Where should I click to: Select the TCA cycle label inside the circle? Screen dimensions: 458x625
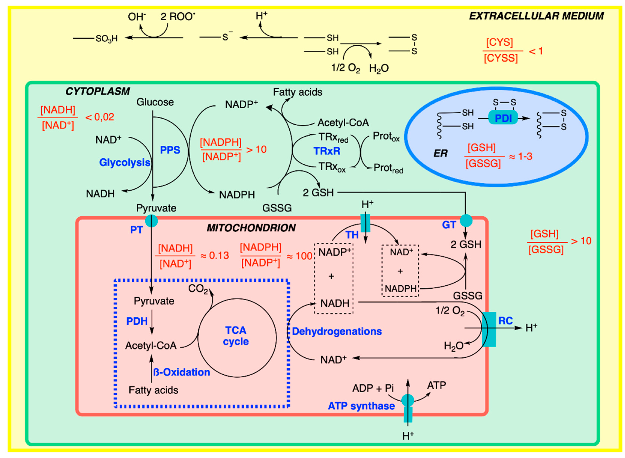click(236, 336)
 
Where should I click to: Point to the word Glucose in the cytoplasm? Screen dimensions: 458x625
click(155, 102)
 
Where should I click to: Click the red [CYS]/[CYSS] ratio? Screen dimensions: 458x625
click(500, 50)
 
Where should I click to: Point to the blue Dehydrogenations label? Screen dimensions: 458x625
click(337, 331)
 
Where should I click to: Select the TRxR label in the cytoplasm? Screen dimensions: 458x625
click(327, 151)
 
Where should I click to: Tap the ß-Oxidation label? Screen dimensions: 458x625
click(182, 372)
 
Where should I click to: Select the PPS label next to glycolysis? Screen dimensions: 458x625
click(170, 150)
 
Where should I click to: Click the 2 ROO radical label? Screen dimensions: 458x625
click(177, 17)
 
